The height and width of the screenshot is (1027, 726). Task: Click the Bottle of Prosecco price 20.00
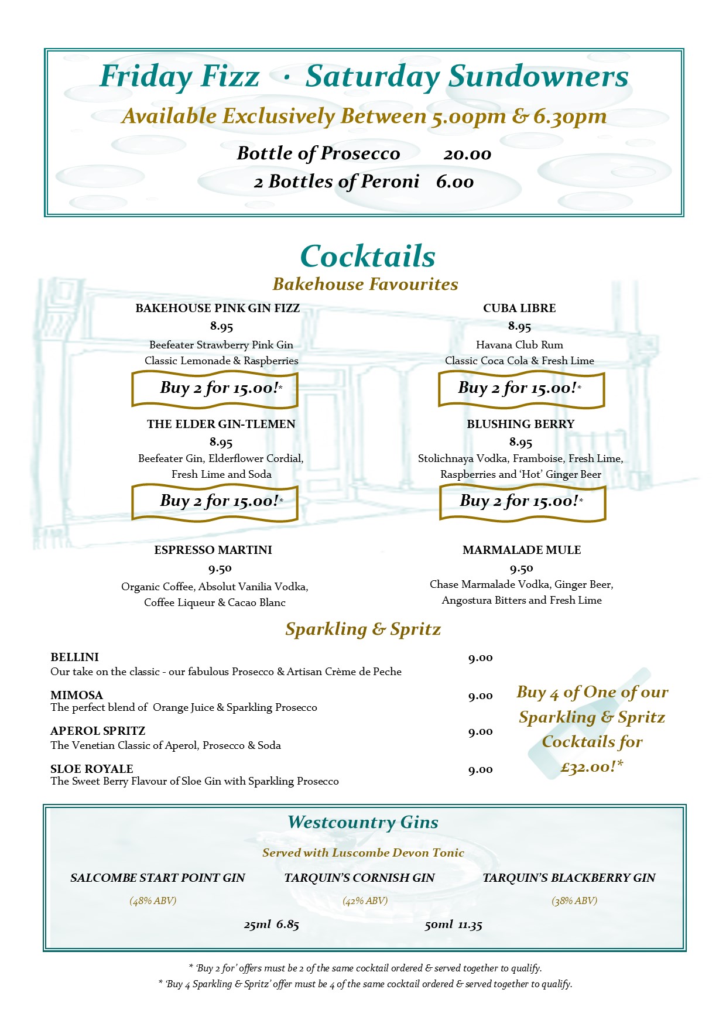[x=467, y=155]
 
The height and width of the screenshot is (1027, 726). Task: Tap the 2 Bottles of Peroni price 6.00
[x=455, y=182]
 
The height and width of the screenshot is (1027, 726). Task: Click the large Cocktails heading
[x=368, y=256]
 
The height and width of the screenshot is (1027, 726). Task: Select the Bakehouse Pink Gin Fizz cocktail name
[x=218, y=308]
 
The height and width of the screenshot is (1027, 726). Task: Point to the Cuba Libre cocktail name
[x=519, y=308]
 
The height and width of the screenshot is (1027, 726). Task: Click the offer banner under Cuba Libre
[x=521, y=389]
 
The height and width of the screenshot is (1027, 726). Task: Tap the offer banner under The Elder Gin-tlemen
[x=215, y=502]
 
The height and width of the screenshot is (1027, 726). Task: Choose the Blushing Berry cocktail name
[x=520, y=424]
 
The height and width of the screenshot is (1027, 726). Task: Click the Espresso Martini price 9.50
[x=220, y=569]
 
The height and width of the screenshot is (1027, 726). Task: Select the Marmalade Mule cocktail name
[x=522, y=550]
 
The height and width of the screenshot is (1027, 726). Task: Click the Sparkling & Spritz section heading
[x=363, y=629]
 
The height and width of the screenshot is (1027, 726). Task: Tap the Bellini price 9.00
[x=480, y=658]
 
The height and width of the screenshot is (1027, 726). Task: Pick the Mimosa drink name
[x=77, y=695]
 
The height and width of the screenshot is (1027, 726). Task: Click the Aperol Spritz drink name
[x=98, y=731]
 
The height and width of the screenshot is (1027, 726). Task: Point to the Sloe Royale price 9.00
[x=480, y=770]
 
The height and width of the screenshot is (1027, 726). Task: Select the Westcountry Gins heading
[x=363, y=822]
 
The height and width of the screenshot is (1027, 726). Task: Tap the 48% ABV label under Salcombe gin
[x=153, y=901]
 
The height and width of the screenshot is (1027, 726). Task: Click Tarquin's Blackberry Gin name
[x=569, y=878]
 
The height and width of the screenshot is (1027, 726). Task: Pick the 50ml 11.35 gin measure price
[x=454, y=925]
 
